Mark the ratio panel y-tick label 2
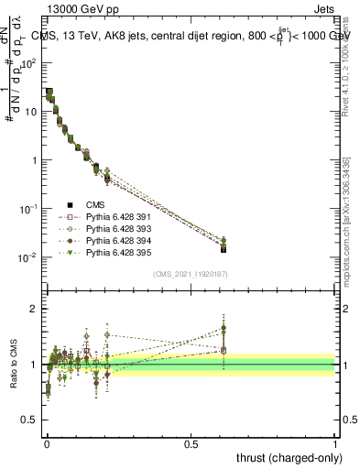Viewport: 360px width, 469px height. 34,309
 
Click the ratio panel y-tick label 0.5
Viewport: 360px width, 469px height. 29,420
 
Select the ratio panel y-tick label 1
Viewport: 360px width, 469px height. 34,365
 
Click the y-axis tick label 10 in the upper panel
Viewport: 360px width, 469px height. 29,112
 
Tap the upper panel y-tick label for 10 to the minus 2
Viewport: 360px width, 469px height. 28,257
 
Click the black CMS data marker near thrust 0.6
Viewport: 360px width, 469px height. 224,248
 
